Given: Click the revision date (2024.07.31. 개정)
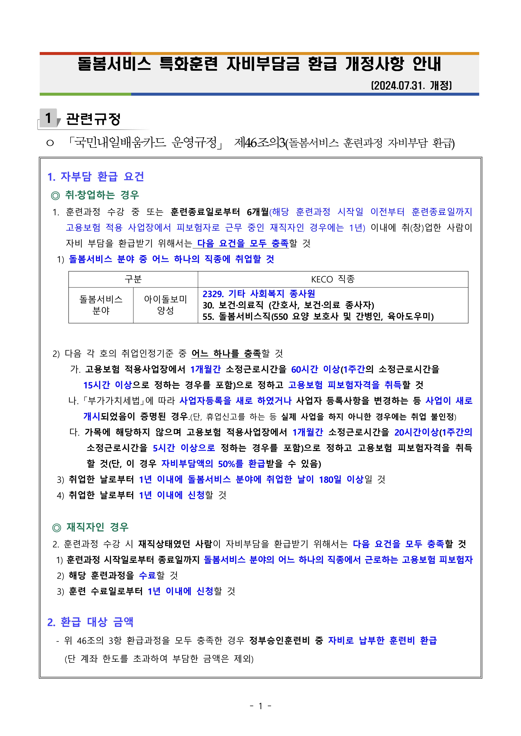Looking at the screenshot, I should (x=411, y=86).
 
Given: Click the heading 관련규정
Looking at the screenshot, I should (x=93, y=119).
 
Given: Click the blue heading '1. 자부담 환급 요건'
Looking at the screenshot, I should (x=96, y=177).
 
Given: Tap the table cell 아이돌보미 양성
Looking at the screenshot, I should (x=165, y=305).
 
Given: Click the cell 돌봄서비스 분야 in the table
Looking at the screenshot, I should (x=101, y=305).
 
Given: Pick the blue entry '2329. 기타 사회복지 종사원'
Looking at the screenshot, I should (x=259, y=294).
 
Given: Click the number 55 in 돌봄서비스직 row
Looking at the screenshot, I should (x=208, y=317).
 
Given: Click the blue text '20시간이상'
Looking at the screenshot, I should (x=416, y=432).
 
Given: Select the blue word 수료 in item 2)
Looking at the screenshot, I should (x=147, y=575).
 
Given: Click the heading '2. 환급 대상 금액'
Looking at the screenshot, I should (x=90, y=622).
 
